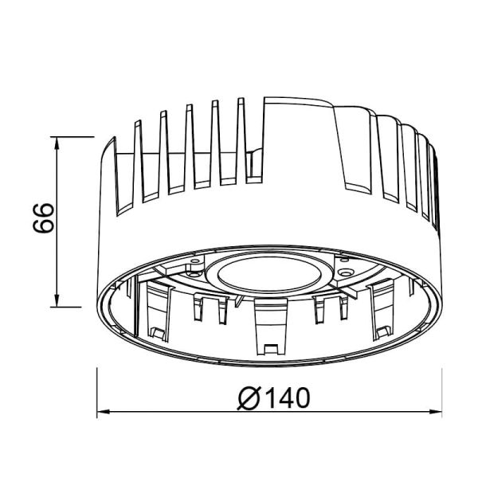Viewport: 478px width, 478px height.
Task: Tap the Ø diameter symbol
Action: pyautogui.click(x=249, y=396)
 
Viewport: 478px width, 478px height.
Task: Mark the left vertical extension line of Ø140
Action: pyautogui.click(x=97, y=390)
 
